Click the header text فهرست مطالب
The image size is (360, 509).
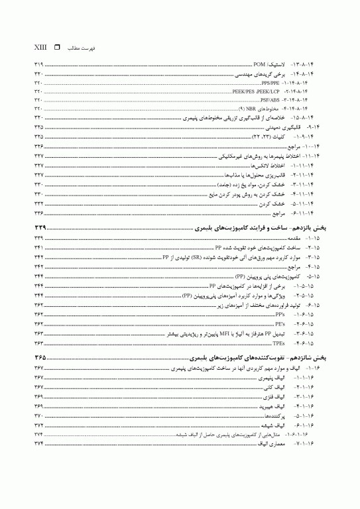(84, 48)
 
